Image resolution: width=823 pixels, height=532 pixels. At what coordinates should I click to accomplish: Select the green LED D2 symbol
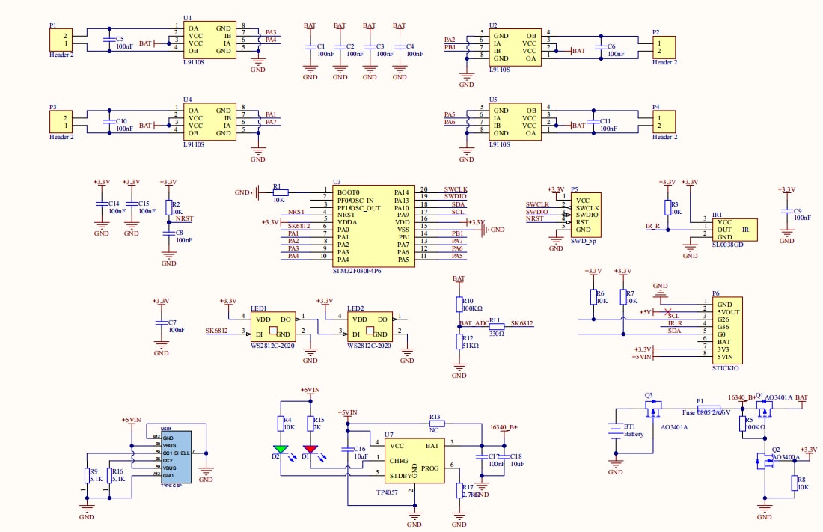281,450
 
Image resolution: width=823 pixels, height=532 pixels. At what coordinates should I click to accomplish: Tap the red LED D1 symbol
310,450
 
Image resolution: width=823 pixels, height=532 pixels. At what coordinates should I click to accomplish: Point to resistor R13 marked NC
435,424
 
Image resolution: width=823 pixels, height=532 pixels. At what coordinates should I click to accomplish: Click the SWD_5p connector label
584,241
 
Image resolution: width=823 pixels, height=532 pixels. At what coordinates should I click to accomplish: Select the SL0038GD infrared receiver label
727,245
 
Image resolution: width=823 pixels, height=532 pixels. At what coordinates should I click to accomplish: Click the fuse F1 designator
700,401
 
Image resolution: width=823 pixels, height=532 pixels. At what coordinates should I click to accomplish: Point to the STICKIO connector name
725,367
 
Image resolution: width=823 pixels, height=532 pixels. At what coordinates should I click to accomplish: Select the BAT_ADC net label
474,324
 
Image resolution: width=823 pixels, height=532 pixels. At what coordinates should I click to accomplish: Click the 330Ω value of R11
496,334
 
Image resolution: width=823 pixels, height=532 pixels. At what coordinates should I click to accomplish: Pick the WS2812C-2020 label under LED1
272,346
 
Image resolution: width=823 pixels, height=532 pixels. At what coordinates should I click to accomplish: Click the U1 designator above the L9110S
187,17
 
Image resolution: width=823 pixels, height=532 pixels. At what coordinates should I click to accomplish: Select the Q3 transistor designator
649,395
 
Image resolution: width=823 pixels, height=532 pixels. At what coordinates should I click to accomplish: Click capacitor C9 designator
798,211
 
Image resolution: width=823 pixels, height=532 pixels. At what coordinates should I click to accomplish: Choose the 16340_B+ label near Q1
741,397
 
